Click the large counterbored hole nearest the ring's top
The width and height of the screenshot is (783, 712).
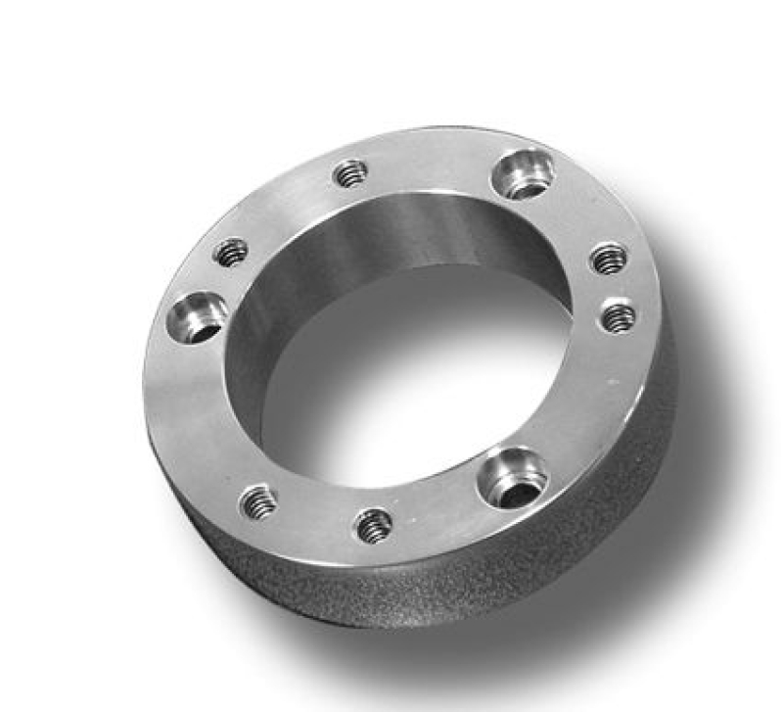click(524, 173)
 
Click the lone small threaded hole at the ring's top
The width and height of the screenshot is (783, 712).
click(349, 174)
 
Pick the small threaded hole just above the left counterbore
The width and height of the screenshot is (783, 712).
click(231, 253)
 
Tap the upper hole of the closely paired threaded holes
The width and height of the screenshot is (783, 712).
click(609, 258)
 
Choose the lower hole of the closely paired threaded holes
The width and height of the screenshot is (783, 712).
click(618, 316)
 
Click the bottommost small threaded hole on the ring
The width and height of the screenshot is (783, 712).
click(374, 526)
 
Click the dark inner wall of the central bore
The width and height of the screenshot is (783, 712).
click(391, 235)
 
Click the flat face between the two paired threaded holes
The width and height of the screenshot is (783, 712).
click(614, 287)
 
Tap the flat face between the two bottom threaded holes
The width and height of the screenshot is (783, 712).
click(315, 516)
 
